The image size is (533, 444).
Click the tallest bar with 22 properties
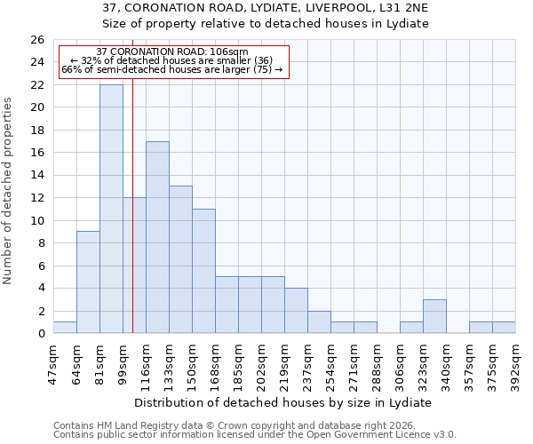[111, 209]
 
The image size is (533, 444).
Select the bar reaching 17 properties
[157, 237]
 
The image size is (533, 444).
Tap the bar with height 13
[180, 259]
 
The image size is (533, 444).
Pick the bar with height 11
[203, 271]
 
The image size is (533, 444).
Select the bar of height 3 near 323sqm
[434, 316]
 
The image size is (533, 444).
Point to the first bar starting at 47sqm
[65, 328]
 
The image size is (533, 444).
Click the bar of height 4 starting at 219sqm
[296, 311]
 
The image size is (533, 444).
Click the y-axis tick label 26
[36, 40]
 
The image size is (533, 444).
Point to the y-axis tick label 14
[36, 176]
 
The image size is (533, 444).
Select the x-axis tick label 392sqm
[515, 363]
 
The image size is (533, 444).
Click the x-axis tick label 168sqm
[215, 363]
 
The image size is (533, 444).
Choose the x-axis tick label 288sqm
[377, 363]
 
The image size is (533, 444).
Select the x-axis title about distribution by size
[284, 402]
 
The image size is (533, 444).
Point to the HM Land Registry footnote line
[235, 425]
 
